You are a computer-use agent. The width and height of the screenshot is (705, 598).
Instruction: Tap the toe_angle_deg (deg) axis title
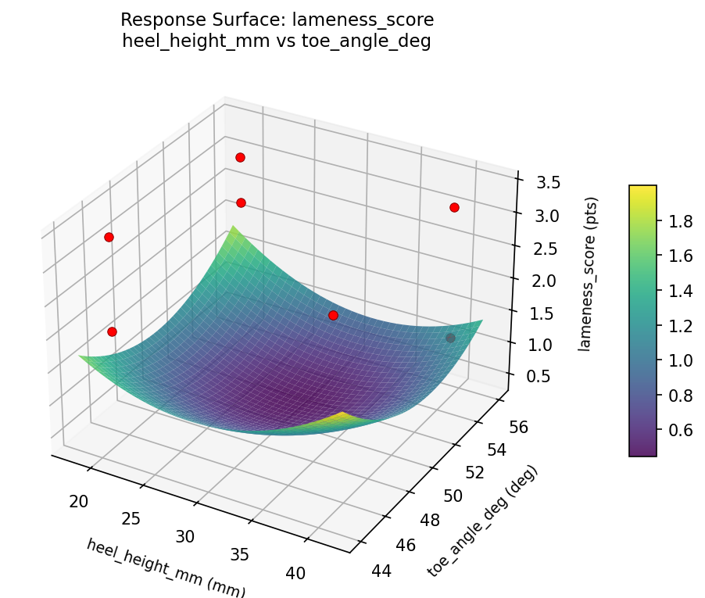[x=482, y=521]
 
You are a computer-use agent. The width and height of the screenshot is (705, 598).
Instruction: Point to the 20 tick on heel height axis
[x=78, y=501]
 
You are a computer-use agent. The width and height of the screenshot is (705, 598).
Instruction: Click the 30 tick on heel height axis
[x=184, y=536]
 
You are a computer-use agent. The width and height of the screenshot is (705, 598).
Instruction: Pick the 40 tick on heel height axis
[x=295, y=573]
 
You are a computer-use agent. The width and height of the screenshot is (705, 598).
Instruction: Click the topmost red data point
[x=240, y=157]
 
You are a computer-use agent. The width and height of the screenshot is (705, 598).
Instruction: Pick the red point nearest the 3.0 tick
[x=454, y=207]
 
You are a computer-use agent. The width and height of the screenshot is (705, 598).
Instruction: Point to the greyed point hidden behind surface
[x=450, y=338]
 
